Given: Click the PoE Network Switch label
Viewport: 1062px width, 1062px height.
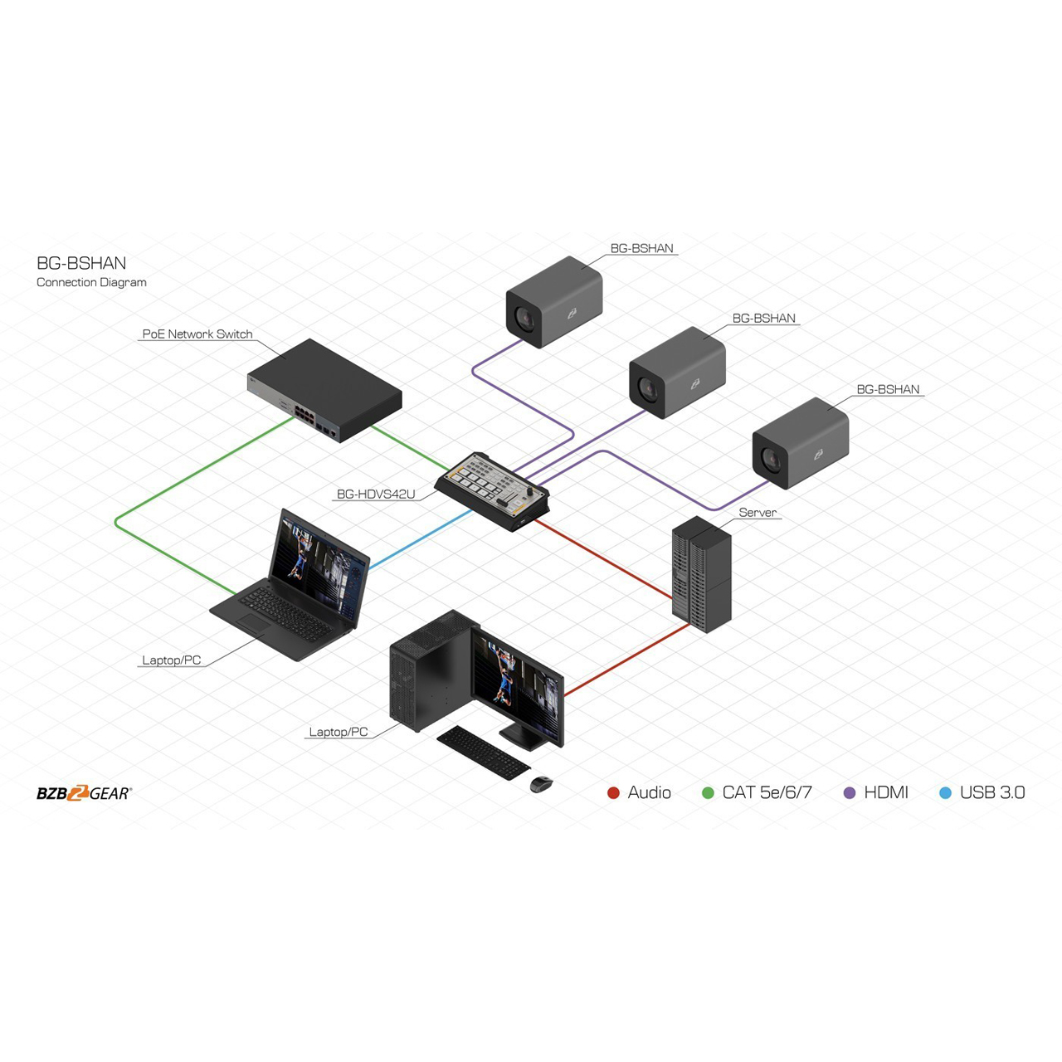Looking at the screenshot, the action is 197,334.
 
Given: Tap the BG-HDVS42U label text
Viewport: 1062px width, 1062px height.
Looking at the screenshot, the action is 376,494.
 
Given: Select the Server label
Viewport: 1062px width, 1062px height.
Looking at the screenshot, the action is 758,512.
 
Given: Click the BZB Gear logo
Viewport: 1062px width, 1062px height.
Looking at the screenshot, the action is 85,792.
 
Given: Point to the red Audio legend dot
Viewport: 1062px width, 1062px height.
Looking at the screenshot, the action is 613,793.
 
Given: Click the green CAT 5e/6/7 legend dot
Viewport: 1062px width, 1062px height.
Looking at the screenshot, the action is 708,793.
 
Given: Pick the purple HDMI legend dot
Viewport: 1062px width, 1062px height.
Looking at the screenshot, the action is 850,793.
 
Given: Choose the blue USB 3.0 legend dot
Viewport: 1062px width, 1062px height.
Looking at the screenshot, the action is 945,793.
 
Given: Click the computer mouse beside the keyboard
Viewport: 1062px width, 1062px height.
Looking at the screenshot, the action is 541,784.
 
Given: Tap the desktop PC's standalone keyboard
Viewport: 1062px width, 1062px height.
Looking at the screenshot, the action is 484,753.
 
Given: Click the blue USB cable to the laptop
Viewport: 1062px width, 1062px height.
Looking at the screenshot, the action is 421,539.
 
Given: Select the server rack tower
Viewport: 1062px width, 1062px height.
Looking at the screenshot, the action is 702,573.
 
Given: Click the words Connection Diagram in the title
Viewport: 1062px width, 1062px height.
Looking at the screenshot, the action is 91,282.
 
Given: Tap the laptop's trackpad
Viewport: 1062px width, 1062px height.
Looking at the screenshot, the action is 254,623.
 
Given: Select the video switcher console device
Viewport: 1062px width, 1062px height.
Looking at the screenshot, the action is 492,491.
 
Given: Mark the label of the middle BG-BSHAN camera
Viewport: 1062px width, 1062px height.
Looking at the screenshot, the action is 764,318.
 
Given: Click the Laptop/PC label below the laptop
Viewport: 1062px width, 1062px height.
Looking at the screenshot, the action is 172,660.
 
